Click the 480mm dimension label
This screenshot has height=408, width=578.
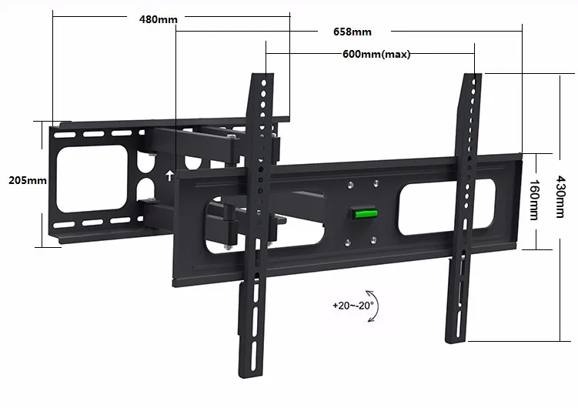pyautogui.click(x=158, y=18)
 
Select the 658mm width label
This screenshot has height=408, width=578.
pyautogui.click(x=352, y=32)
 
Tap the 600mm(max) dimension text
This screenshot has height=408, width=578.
pyautogui.click(x=376, y=55)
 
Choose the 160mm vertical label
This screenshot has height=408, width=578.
pyautogui.click(x=535, y=199)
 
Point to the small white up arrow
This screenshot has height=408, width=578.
pyautogui.click(x=169, y=174)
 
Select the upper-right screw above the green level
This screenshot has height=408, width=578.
pyautogui.click(x=376, y=182)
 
